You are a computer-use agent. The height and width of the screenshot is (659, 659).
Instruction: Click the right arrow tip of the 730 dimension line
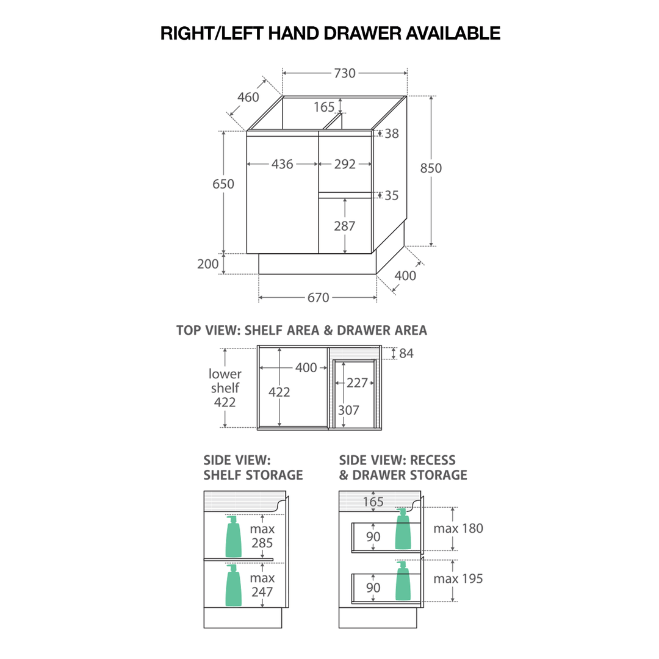(x=407, y=73)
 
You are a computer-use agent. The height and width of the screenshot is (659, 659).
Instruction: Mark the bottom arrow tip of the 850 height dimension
(x=431, y=246)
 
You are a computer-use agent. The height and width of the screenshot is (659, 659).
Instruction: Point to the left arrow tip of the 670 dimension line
(x=259, y=298)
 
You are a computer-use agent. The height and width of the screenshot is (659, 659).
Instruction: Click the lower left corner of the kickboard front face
(x=259, y=274)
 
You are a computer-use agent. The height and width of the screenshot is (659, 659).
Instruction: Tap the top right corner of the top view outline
(x=381, y=346)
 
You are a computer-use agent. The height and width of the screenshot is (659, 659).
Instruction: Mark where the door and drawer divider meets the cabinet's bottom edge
(x=318, y=253)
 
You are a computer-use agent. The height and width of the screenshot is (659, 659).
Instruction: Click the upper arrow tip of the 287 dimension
(x=345, y=198)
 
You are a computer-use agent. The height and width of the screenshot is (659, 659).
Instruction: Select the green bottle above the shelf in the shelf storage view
(x=233, y=536)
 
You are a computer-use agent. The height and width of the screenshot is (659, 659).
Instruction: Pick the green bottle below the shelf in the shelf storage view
(x=233, y=585)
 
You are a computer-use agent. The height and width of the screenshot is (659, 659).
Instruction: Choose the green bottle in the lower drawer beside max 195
(x=403, y=581)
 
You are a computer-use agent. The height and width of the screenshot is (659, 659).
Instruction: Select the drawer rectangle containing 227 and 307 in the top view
(x=355, y=394)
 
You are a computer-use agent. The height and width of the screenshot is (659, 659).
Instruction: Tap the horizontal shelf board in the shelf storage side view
(x=239, y=560)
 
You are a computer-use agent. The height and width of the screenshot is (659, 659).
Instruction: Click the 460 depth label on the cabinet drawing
(x=248, y=97)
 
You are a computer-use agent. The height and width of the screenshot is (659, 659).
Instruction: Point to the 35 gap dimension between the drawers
(x=391, y=195)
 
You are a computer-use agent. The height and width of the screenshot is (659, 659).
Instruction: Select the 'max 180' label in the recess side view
(x=458, y=528)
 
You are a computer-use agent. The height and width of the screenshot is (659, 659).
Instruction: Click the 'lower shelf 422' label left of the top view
(x=225, y=388)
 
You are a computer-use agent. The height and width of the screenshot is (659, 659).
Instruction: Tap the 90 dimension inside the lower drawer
(x=373, y=587)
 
